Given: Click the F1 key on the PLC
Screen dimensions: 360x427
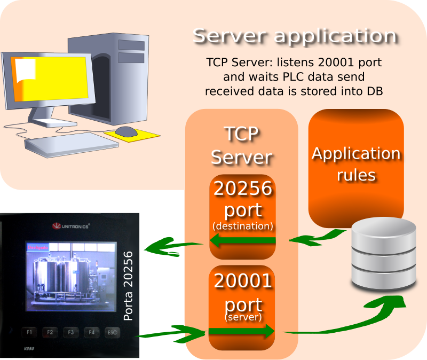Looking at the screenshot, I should (x=29, y=332).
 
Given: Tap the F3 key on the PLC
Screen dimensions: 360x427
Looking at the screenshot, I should (x=70, y=332).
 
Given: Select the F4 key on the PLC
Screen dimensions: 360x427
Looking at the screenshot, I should (x=91, y=332).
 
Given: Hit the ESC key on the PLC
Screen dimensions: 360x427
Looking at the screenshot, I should (x=112, y=332).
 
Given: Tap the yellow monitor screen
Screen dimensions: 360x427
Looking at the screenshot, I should (x=51, y=78).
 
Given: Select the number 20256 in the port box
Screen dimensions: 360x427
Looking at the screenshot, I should (x=243, y=189).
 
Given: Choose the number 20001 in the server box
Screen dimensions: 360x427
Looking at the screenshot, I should (x=243, y=281).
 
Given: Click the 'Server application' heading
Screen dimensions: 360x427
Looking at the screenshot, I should (x=295, y=36).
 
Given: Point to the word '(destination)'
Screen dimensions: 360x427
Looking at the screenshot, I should (x=243, y=226).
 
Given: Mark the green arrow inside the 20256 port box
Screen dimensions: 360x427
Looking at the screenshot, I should (x=243, y=242).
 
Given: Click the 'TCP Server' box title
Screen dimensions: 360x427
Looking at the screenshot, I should (x=242, y=145).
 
